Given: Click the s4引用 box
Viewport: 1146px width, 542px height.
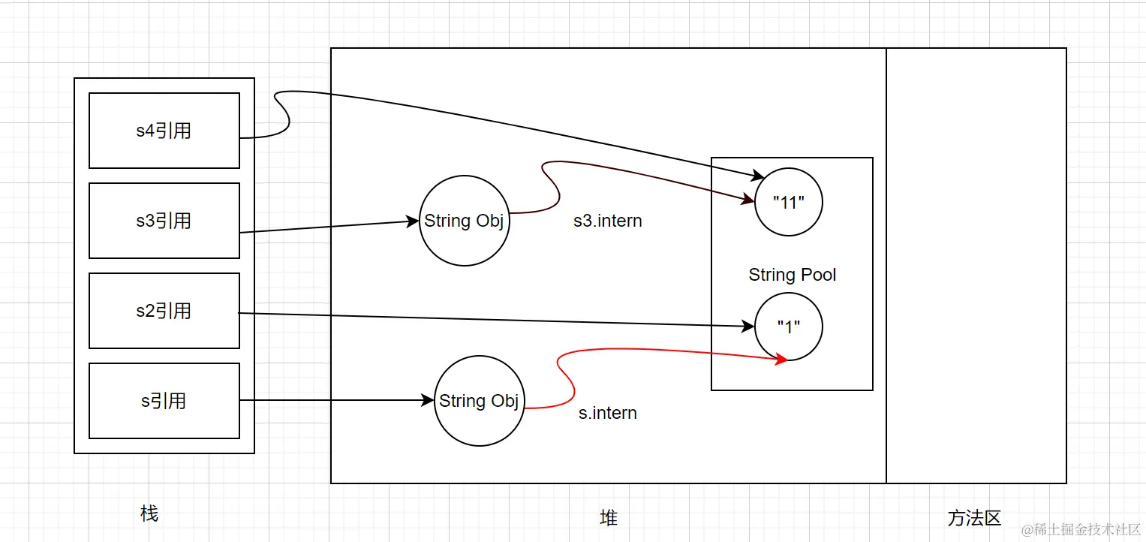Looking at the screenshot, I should (164, 131).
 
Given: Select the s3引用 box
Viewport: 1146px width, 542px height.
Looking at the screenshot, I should (164, 221).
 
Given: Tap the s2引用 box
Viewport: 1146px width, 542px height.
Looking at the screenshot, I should (164, 311).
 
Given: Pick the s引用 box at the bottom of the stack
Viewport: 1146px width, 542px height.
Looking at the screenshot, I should (164, 401).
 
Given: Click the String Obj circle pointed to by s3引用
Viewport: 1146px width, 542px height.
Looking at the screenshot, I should (464, 221).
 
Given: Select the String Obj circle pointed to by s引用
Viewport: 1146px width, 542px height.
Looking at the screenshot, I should (479, 401).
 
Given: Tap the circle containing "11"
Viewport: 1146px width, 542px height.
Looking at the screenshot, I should (788, 203).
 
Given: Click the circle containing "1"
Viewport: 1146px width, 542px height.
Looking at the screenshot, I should (788, 327).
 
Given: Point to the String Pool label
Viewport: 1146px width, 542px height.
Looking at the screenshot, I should (792, 275).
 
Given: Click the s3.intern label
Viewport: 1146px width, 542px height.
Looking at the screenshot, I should (607, 221).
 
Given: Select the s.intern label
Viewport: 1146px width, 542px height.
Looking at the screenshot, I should (607, 413).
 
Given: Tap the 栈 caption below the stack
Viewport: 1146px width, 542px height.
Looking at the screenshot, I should (149, 513).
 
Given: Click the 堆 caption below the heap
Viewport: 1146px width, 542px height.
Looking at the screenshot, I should (609, 517).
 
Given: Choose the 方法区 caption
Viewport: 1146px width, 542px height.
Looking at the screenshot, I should (974, 517).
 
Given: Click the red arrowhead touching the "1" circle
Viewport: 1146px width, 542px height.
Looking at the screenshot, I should (781, 360).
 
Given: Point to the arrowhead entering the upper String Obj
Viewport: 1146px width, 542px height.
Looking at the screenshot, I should (413, 221).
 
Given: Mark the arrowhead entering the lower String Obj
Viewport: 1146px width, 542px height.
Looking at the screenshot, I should (429, 401).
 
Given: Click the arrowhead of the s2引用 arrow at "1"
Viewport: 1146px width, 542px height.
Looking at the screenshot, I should (748, 327).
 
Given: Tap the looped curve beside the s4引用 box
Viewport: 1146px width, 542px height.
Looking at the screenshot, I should (281, 113).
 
